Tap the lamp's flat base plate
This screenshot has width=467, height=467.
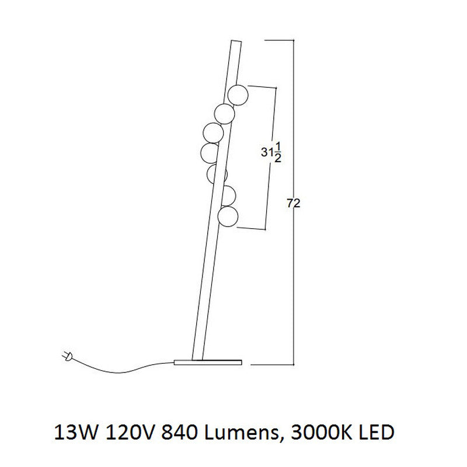pyautogui.click(x=208, y=362)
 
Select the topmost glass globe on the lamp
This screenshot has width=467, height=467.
pyautogui.click(x=238, y=95)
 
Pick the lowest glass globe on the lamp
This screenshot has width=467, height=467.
pyautogui.click(x=228, y=217)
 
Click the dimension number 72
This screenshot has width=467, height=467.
pyautogui.click(x=294, y=203)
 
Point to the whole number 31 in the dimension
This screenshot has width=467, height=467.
pyautogui.click(x=267, y=152)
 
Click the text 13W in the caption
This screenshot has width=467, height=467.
pyautogui.click(x=76, y=433)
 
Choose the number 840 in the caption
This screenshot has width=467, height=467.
pyautogui.click(x=179, y=433)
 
